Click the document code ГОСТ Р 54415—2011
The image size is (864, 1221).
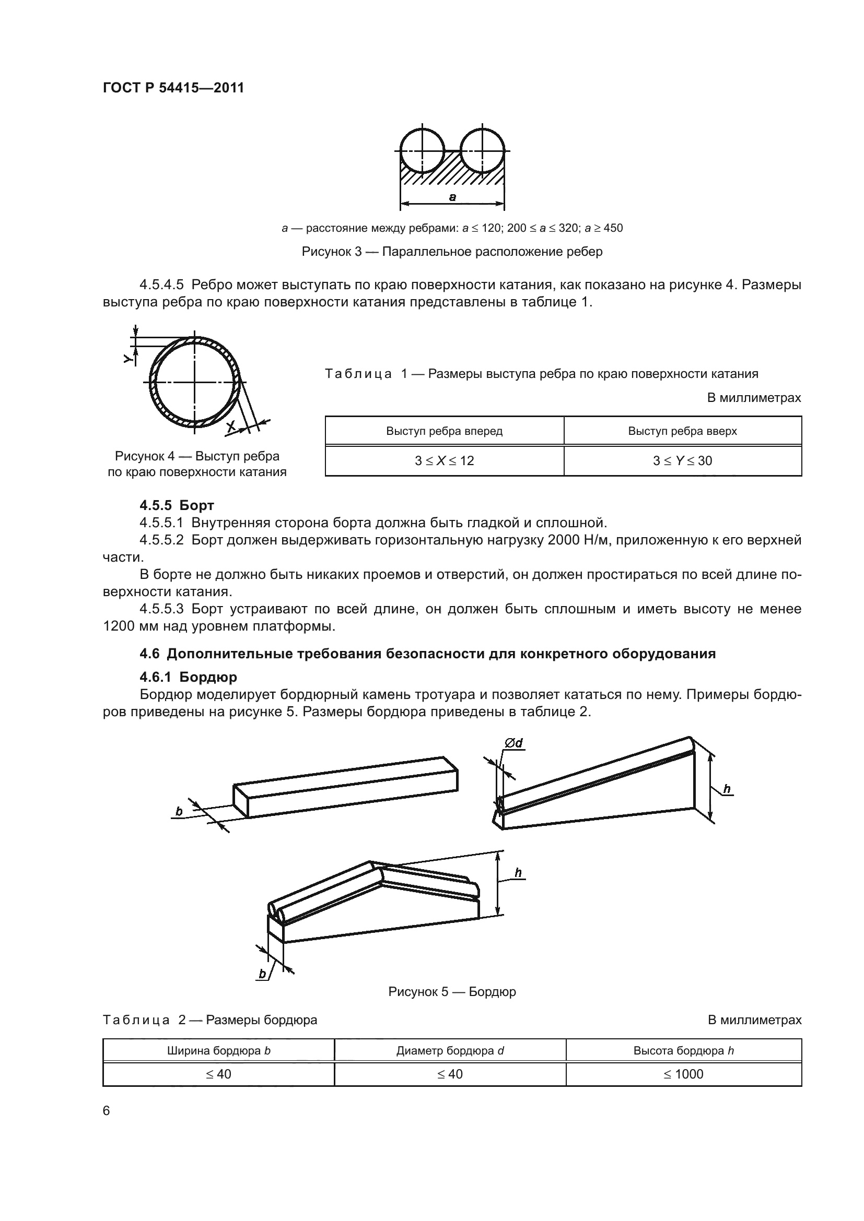click(x=173, y=88)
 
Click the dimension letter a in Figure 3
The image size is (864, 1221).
click(x=452, y=197)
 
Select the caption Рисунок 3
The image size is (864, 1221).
click(x=452, y=252)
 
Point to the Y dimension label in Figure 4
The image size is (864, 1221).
click(x=127, y=360)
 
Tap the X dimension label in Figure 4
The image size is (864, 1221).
click(x=231, y=425)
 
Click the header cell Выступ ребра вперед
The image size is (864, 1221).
click(x=444, y=431)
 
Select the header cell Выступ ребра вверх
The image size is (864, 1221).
click(x=682, y=431)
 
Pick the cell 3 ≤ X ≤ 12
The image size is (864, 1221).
click(x=444, y=460)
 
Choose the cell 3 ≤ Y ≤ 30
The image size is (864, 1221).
click(x=682, y=460)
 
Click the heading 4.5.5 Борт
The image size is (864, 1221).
click(x=177, y=505)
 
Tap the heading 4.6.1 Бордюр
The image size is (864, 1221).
click(x=189, y=677)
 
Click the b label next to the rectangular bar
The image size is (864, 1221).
click(x=179, y=812)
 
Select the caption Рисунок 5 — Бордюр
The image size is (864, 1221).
click(x=452, y=992)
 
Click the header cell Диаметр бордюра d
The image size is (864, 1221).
click(x=450, y=1051)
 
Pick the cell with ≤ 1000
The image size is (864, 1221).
click(x=683, y=1074)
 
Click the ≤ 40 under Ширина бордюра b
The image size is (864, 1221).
click(x=219, y=1074)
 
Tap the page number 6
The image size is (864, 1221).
click(x=107, y=1111)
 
